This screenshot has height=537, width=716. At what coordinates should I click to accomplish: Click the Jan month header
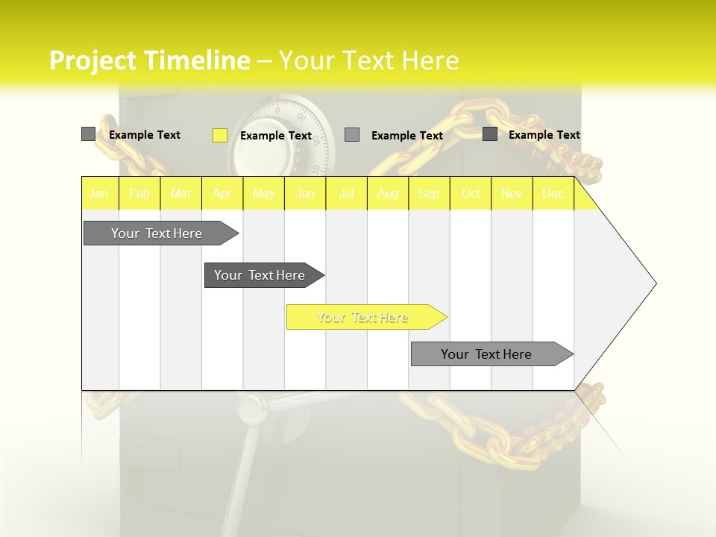point(99,193)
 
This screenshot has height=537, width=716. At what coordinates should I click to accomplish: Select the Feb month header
point(139,193)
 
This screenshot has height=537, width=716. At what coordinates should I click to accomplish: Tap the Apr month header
point(222,193)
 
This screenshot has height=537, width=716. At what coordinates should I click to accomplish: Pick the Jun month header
point(305,193)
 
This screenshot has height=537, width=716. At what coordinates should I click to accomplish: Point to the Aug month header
point(388,193)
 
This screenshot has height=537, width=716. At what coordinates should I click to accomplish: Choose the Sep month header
point(429,193)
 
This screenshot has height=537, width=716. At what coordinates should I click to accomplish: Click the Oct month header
point(471,193)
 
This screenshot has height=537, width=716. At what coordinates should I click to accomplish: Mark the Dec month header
point(553,193)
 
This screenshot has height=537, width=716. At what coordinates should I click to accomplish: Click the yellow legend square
point(220,135)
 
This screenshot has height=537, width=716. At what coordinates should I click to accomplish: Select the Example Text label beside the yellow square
point(276,136)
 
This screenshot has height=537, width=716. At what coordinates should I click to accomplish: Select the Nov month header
point(512,193)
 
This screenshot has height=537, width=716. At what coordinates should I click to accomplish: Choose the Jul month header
point(347,193)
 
